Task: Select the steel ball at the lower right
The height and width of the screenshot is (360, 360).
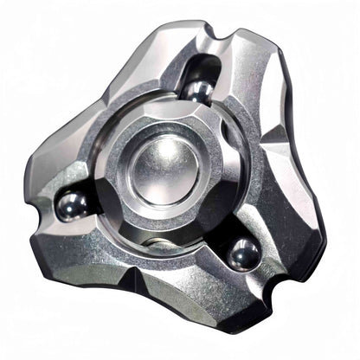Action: point(244,254)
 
